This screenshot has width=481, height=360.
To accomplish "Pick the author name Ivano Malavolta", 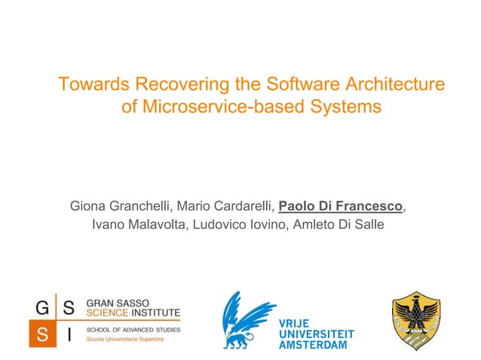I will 137,224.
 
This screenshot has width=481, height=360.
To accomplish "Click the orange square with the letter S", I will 41,335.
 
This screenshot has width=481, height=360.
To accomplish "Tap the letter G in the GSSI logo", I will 41,308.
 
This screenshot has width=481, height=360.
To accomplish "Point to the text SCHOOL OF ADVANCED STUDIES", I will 133,329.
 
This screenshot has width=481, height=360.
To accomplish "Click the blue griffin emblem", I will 247,319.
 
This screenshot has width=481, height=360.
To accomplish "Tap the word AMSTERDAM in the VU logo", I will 314,344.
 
